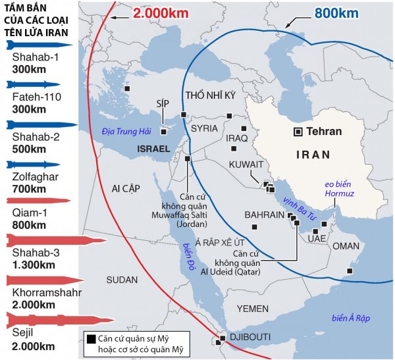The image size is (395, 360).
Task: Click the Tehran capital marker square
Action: coord(298,132)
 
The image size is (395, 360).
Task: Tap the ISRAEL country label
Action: coord(153,150)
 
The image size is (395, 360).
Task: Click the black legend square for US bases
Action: coord(90,338)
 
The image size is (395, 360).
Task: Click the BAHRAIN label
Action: coord(264,215)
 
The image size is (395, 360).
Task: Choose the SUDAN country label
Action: coord(122,280)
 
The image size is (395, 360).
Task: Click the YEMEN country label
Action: coord(253,308)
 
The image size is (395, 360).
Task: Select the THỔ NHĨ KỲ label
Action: coord(211,95)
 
